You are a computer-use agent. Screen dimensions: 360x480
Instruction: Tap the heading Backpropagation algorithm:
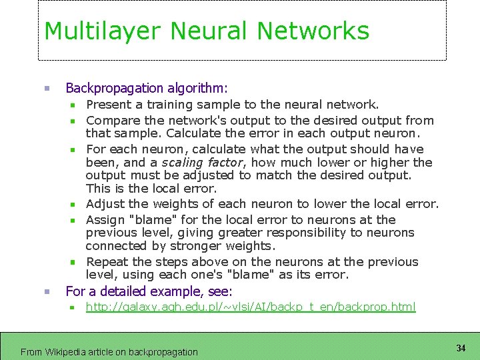point(147,88)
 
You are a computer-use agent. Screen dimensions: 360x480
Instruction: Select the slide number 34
point(461,348)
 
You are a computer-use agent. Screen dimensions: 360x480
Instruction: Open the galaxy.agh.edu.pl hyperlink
point(251,307)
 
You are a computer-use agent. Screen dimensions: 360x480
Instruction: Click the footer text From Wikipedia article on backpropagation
point(109,351)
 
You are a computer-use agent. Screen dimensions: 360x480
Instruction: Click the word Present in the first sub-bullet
point(109,105)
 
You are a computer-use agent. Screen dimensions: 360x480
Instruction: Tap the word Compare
point(113,121)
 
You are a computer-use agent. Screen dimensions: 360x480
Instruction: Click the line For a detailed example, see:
point(149,291)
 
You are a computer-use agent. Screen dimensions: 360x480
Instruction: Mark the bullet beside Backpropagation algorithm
point(47,88)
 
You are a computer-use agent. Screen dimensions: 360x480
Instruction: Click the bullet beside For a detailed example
point(47,291)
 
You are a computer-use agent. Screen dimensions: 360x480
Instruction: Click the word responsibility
point(301,233)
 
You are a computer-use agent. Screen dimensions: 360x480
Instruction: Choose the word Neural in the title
point(210,31)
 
